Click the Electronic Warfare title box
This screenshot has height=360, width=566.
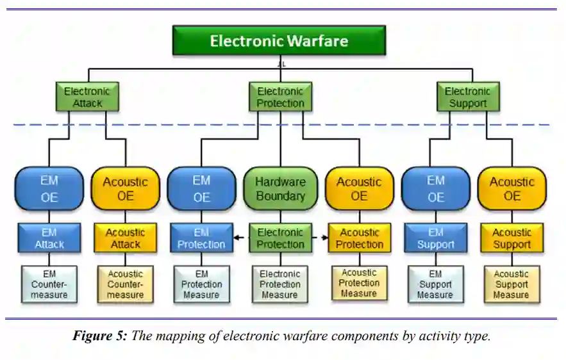[x=279, y=41]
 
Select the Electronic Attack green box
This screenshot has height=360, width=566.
[x=87, y=97]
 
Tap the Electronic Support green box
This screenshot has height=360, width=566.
[x=467, y=97]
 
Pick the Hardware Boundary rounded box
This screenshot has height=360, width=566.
[x=280, y=189]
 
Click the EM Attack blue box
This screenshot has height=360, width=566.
[x=49, y=238]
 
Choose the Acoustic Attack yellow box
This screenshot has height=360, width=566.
[x=125, y=238]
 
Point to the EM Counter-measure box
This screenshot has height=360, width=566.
[x=49, y=284]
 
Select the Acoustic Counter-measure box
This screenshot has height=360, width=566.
[x=125, y=284]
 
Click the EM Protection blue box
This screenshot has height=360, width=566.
[x=201, y=238]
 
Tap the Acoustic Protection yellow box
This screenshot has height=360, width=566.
[x=359, y=238]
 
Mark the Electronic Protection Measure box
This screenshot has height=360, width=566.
[x=279, y=284]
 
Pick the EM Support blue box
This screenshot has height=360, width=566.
[x=435, y=238]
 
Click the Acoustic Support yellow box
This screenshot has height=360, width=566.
[x=512, y=238]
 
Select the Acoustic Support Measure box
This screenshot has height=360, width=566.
[x=512, y=284]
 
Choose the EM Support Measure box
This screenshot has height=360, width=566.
[x=435, y=284]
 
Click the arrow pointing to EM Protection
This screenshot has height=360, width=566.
[x=236, y=238]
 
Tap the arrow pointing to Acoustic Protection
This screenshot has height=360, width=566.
[x=324, y=238]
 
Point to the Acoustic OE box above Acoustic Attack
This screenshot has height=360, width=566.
[x=125, y=189]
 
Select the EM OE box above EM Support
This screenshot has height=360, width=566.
[x=435, y=189]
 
